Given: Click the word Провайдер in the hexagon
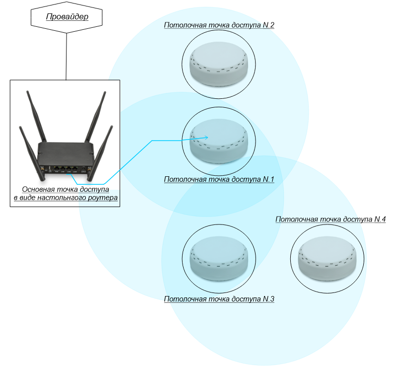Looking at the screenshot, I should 66,17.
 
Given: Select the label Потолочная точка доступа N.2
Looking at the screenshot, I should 219,25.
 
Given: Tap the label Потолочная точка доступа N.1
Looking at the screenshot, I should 219,179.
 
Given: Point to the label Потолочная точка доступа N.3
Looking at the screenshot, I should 219,299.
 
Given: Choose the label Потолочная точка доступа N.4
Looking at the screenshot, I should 330,219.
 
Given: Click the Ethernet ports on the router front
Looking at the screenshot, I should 65,169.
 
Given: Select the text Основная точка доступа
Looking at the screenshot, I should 65,190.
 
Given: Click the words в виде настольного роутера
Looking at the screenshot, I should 65,198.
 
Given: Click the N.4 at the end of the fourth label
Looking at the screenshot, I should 379,219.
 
